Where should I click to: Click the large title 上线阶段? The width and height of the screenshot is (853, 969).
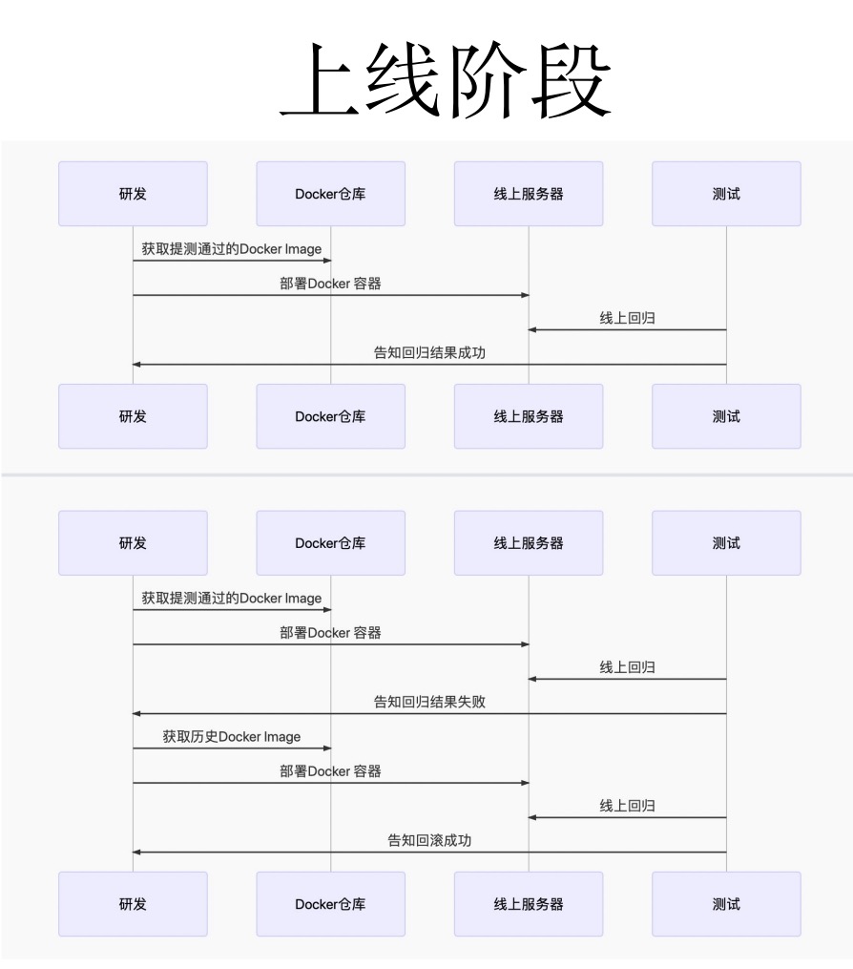click(445, 82)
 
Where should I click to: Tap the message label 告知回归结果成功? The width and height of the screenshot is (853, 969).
click(429, 352)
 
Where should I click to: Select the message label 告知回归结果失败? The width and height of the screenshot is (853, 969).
click(429, 702)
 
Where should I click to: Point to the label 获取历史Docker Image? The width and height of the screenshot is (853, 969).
click(232, 736)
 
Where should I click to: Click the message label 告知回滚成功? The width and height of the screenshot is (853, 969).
click(429, 840)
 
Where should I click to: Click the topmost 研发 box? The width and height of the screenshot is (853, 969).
click(133, 194)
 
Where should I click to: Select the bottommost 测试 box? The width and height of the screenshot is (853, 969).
click(726, 903)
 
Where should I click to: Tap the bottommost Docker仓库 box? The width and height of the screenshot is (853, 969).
click(330, 903)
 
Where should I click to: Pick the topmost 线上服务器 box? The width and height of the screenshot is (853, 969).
click(529, 194)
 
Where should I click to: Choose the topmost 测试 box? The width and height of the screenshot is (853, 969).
click(726, 194)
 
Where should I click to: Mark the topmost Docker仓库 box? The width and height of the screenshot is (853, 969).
click(330, 194)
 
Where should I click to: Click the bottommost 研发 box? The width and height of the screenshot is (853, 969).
click(133, 903)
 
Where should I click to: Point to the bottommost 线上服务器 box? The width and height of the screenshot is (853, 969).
click(529, 903)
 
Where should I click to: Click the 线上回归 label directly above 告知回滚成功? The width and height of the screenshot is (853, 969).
click(628, 806)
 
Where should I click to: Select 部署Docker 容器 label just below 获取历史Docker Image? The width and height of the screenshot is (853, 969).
click(330, 770)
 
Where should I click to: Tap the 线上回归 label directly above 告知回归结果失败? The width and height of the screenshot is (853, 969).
click(628, 667)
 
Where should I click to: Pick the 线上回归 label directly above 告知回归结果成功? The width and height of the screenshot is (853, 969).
click(628, 318)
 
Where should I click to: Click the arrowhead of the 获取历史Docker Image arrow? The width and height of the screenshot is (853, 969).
click(326, 748)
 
